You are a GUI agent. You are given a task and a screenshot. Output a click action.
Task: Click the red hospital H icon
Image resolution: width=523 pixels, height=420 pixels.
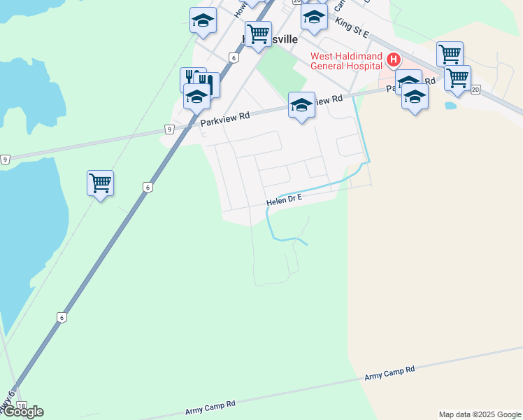pyautogui.click(x=393, y=60)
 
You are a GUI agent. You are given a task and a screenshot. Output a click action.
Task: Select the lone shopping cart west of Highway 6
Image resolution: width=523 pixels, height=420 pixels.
pyautogui.click(x=100, y=183)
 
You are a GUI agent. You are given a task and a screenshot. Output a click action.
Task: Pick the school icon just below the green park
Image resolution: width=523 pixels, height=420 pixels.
pyautogui.click(x=301, y=105)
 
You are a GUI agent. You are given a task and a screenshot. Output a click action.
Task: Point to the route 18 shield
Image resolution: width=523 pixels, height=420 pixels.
pyautogui.click(x=22, y=407)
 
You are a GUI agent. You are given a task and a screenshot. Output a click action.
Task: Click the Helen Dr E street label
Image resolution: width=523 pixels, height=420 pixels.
pyautogui.click(x=283, y=200)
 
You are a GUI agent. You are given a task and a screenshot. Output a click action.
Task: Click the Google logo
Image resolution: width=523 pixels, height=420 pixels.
pyautogui.click(x=23, y=412)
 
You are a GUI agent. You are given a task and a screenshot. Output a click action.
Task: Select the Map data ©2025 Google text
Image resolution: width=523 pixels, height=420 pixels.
pyautogui.click(x=480, y=414)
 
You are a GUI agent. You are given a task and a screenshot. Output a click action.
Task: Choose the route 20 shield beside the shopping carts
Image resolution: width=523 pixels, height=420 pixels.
pyautogui.click(x=475, y=90)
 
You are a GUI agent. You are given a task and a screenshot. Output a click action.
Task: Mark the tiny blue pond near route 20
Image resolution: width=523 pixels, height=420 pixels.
pyautogui.click(x=450, y=106)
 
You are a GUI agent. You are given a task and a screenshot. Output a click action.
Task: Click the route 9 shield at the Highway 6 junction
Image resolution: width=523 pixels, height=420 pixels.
pyautogui.click(x=169, y=129)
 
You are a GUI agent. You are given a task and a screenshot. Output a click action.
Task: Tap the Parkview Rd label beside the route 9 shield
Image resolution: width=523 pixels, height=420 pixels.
pyautogui.click(x=224, y=120)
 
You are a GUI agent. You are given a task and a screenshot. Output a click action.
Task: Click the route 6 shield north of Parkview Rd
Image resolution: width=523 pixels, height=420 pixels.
pyautogui.click(x=234, y=57)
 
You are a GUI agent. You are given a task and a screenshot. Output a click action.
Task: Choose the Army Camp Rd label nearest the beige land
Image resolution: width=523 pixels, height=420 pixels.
pyautogui.click(x=389, y=372)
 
